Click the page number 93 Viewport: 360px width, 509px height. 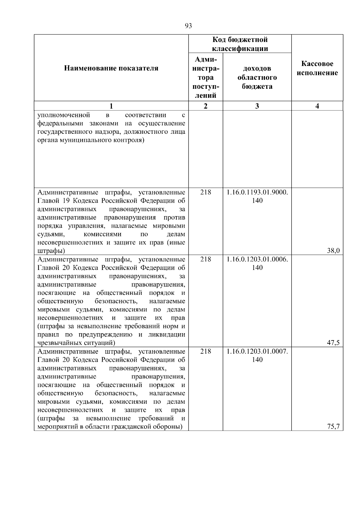188,26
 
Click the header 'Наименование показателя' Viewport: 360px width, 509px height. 111,68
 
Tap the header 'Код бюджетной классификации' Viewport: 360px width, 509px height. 240,44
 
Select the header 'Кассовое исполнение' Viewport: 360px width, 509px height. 317,68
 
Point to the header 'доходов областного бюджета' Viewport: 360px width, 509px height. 257,77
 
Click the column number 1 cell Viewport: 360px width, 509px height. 111,106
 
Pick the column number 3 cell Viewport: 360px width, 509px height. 257,106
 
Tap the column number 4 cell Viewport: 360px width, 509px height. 317,106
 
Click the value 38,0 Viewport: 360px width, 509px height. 333,251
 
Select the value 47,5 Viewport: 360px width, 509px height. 333,343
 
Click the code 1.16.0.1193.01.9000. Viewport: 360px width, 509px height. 257,192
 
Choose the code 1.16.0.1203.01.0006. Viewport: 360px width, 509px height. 257,259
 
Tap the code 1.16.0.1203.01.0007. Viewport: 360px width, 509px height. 257,351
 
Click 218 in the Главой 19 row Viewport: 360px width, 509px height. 205,192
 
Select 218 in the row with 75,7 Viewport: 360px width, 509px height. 205,351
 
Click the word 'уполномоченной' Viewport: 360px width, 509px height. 64,115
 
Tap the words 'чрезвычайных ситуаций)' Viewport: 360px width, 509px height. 76,343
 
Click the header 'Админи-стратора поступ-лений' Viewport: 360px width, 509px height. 205,77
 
